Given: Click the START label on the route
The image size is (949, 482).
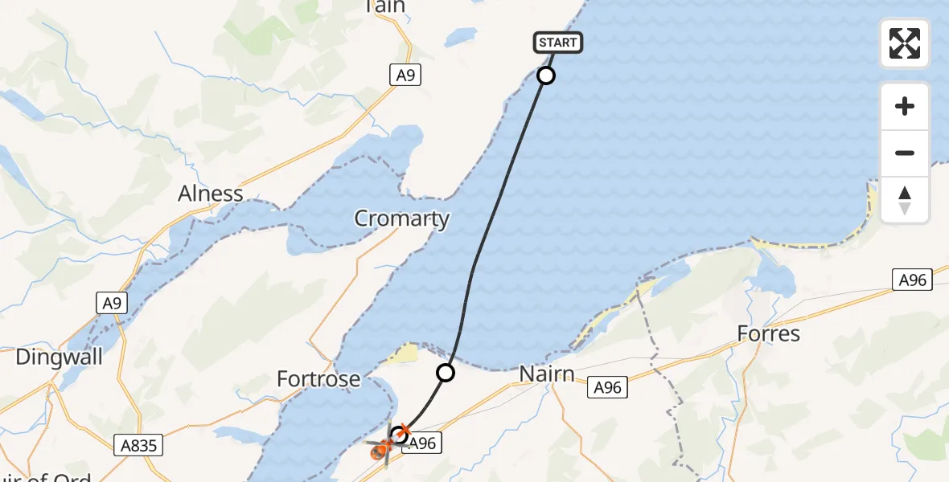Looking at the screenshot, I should tap(557, 43).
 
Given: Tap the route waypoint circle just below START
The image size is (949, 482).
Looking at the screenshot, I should tap(546, 76).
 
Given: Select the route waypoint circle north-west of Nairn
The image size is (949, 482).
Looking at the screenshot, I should tap(446, 373).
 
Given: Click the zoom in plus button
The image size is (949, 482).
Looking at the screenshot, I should tap(905, 107).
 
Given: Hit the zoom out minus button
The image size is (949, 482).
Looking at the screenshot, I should tap(905, 153).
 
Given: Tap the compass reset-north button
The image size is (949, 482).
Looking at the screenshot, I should tap(905, 200).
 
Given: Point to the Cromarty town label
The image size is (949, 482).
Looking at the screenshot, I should tap(402, 219).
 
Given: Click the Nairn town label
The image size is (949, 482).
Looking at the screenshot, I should tap(546, 374).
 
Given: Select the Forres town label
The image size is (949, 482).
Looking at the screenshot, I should tap(769, 333).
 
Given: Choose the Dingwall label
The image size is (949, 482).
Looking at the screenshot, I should tap(60, 357).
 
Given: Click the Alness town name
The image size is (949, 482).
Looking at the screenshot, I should tap(211, 194).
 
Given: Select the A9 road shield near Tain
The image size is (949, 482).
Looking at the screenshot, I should tap(406, 76).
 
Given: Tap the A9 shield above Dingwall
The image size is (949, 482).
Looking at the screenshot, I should tap(112, 303).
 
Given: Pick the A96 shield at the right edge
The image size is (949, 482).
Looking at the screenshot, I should tap(913, 280).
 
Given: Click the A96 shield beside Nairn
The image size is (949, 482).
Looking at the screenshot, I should tap(607, 388).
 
